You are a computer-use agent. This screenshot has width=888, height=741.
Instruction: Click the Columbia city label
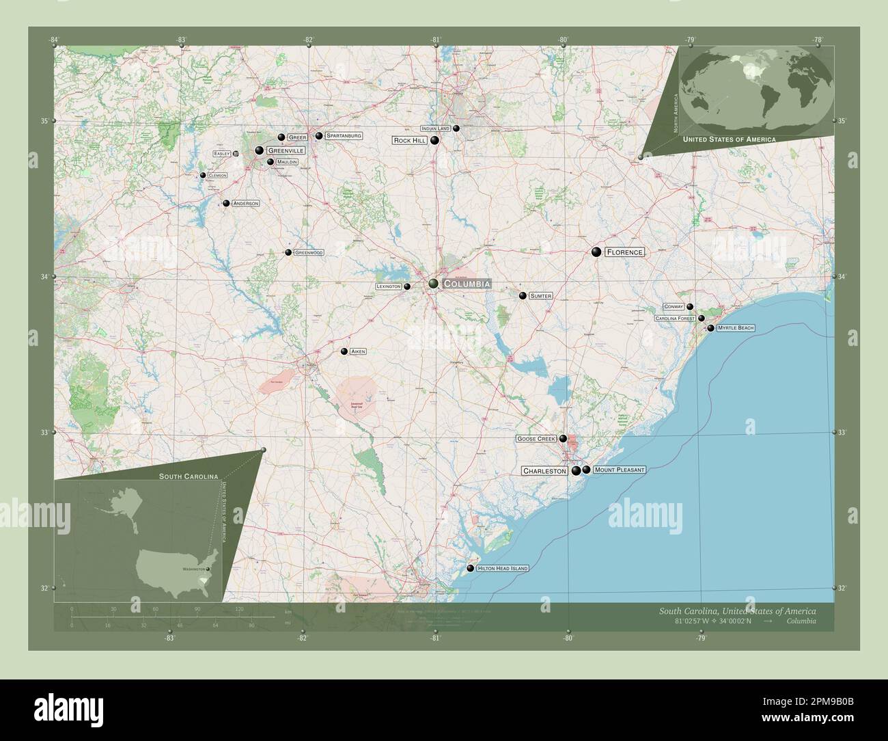click(467, 284)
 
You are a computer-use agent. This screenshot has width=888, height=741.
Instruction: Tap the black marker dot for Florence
click(596, 252)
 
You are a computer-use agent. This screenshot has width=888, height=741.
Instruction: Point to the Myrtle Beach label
click(736, 329)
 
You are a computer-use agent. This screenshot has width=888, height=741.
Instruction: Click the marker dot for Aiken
click(344, 352)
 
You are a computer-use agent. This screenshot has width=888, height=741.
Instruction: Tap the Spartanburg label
click(344, 136)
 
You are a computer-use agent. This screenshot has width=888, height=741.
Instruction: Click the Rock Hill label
click(410, 141)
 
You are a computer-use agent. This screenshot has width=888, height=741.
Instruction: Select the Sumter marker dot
click(523, 296)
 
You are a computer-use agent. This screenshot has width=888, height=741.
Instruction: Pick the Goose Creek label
click(536, 439)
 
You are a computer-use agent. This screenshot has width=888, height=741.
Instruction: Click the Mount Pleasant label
click(619, 470)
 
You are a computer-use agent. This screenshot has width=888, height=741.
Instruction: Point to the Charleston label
click(545, 471)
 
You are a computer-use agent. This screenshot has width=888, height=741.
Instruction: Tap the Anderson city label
click(246, 204)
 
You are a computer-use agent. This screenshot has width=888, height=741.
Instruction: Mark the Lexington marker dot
click(407, 287)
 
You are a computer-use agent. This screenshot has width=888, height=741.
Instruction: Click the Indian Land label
click(436, 129)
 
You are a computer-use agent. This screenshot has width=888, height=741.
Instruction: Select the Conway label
click(674, 307)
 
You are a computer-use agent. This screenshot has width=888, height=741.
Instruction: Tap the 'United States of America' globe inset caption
click(729, 139)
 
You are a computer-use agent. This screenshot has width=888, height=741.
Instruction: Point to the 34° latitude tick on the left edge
click(55, 277)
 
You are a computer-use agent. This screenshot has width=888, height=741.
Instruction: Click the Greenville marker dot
click(260, 150)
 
